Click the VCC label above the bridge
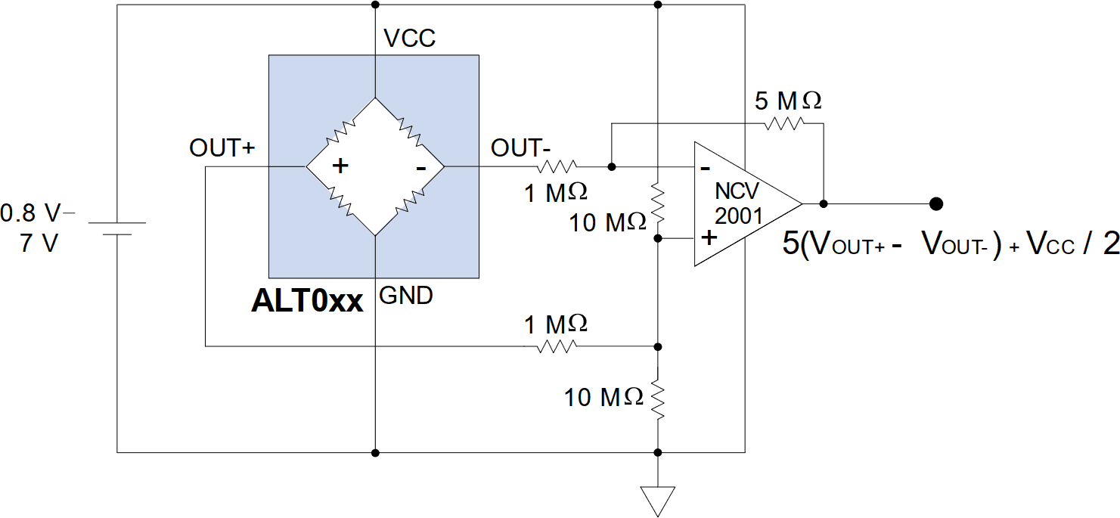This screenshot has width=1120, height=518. (409, 39)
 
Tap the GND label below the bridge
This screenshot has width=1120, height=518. (406, 295)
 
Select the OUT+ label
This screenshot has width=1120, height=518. (222, 148)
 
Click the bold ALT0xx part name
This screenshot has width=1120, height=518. (307, 301)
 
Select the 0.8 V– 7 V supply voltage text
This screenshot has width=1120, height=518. (38, 229)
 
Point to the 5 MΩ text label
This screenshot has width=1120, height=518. (788, 101)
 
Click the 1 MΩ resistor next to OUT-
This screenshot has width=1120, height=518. (557, 166)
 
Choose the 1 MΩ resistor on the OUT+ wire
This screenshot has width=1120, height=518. (557, 346)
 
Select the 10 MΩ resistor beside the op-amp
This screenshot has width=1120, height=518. (658, 203)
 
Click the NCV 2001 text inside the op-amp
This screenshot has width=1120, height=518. (739, 203)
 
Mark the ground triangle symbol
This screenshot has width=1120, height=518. (657, 499)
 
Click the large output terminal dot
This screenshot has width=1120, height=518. (936, 203)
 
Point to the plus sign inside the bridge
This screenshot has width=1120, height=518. (341, 166)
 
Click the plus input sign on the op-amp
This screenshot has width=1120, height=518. (709, 238)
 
